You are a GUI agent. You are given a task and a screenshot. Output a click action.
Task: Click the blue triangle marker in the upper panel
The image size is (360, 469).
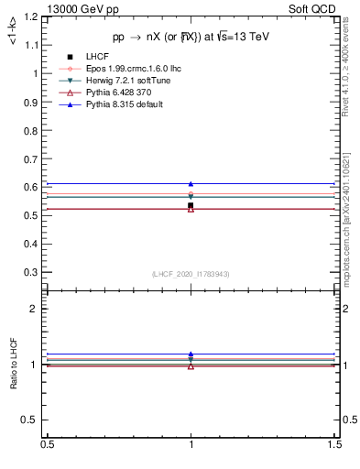[191, 184]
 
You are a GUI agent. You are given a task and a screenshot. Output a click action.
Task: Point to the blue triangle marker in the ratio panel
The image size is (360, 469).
[191, 354]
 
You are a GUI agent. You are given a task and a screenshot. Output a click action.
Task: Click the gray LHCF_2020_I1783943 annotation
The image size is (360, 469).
[191, 275]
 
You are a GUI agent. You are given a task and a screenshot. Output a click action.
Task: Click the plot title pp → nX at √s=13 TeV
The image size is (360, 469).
[191, 38]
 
